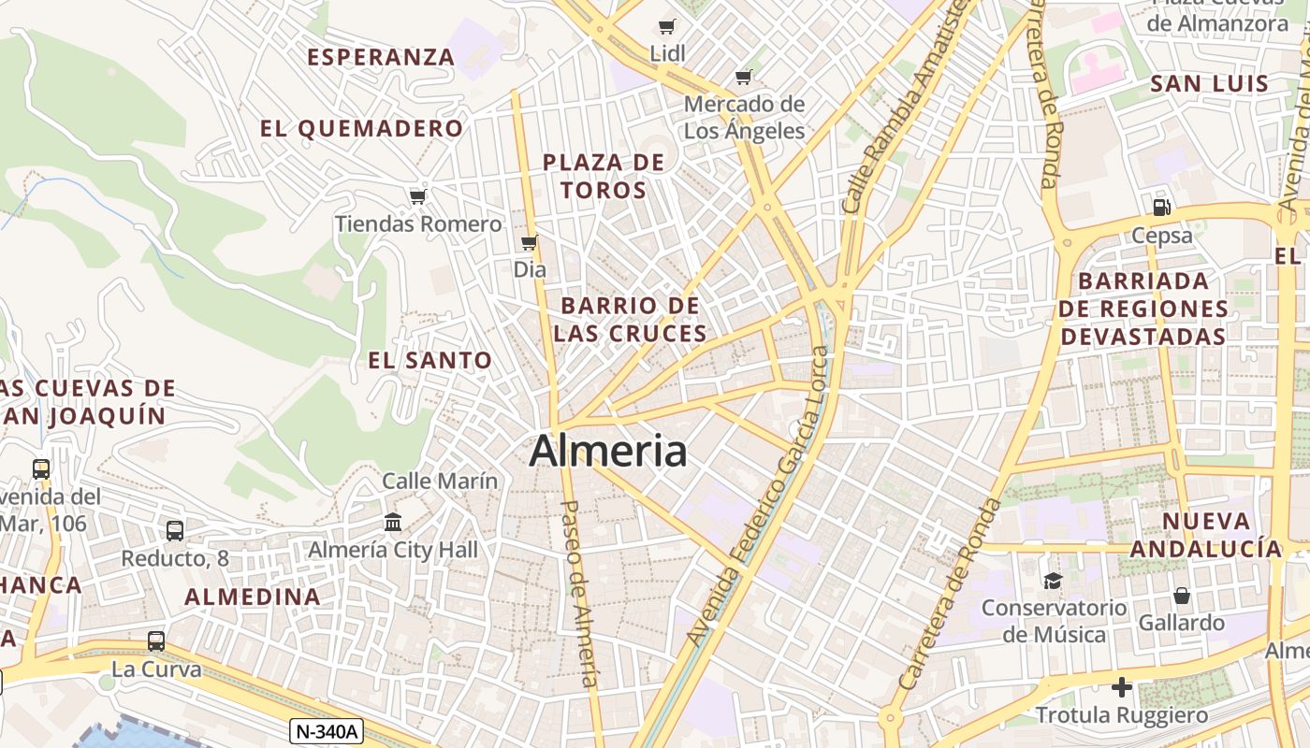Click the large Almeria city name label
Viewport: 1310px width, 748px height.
click(x=608, y=452)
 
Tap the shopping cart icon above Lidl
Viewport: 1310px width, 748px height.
click(x=666, y=27)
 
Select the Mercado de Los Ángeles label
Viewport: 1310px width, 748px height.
click(x=744, y=117)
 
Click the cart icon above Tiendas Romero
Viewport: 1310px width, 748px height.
click(x=417, y=196)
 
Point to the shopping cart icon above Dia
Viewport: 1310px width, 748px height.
click(x=529, y=243)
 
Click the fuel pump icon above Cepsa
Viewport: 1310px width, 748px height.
click(x=1161, y=208)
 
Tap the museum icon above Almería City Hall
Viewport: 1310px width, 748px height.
click(x=393, y=522)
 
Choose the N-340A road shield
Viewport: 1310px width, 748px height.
click(x=326, y=730)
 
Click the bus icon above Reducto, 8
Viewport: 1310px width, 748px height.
click(x=175, y=531)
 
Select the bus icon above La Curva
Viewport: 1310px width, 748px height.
click(x=156, y=641)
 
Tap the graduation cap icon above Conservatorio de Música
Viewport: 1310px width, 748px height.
click(x=1053, y=581)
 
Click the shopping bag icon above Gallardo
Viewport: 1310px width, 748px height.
click(x=1182, y=596)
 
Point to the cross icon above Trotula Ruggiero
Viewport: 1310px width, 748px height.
click(x=1122, y=688)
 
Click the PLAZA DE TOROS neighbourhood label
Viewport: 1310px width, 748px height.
click(x=604, y=176)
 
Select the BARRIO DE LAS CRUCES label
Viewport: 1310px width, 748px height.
click(x=630, y=319)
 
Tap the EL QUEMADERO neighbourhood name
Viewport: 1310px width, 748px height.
click(x=361, y=128)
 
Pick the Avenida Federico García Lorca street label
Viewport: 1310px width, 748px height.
click(x=759, y=496)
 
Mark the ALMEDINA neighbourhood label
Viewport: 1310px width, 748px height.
click(x=253, y=597)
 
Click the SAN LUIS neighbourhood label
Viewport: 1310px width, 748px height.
click(x=1209, y=83)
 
